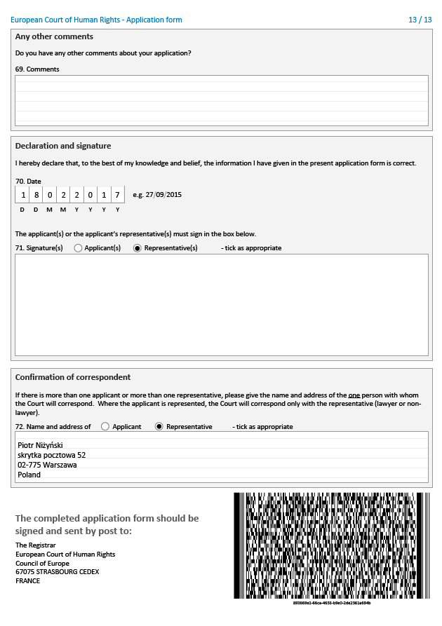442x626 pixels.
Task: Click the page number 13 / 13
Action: [x=420, y=20]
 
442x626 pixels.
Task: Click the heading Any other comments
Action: [x=54, y=36]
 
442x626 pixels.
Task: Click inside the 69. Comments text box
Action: [x=221, y=100]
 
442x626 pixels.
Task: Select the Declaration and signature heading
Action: [x=63, y=146]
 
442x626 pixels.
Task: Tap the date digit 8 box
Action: [x=36, y=195]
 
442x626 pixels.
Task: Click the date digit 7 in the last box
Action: [x=117, y=195]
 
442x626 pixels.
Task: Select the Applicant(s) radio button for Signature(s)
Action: [x=78, y=248]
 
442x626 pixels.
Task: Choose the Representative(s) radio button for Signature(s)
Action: [x=137, y=248]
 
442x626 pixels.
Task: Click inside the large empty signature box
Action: [x=221, y=304]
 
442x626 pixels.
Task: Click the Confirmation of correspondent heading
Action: [x=73, y=377]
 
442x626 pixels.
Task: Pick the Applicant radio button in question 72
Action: [x=105, y=426]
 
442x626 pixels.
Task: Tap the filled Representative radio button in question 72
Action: [x=159, y=426]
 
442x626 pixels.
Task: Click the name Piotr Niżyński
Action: [x=40, y=444]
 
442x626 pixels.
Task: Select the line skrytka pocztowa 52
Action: [x=52, y=455]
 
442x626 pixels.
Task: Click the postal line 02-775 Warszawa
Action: [x=47, y=465]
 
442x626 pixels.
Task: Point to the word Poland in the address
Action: [x=29, y=475]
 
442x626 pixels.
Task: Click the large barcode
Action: [x=331, y=545]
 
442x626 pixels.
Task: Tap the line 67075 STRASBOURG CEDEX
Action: [x=57, y=572]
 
